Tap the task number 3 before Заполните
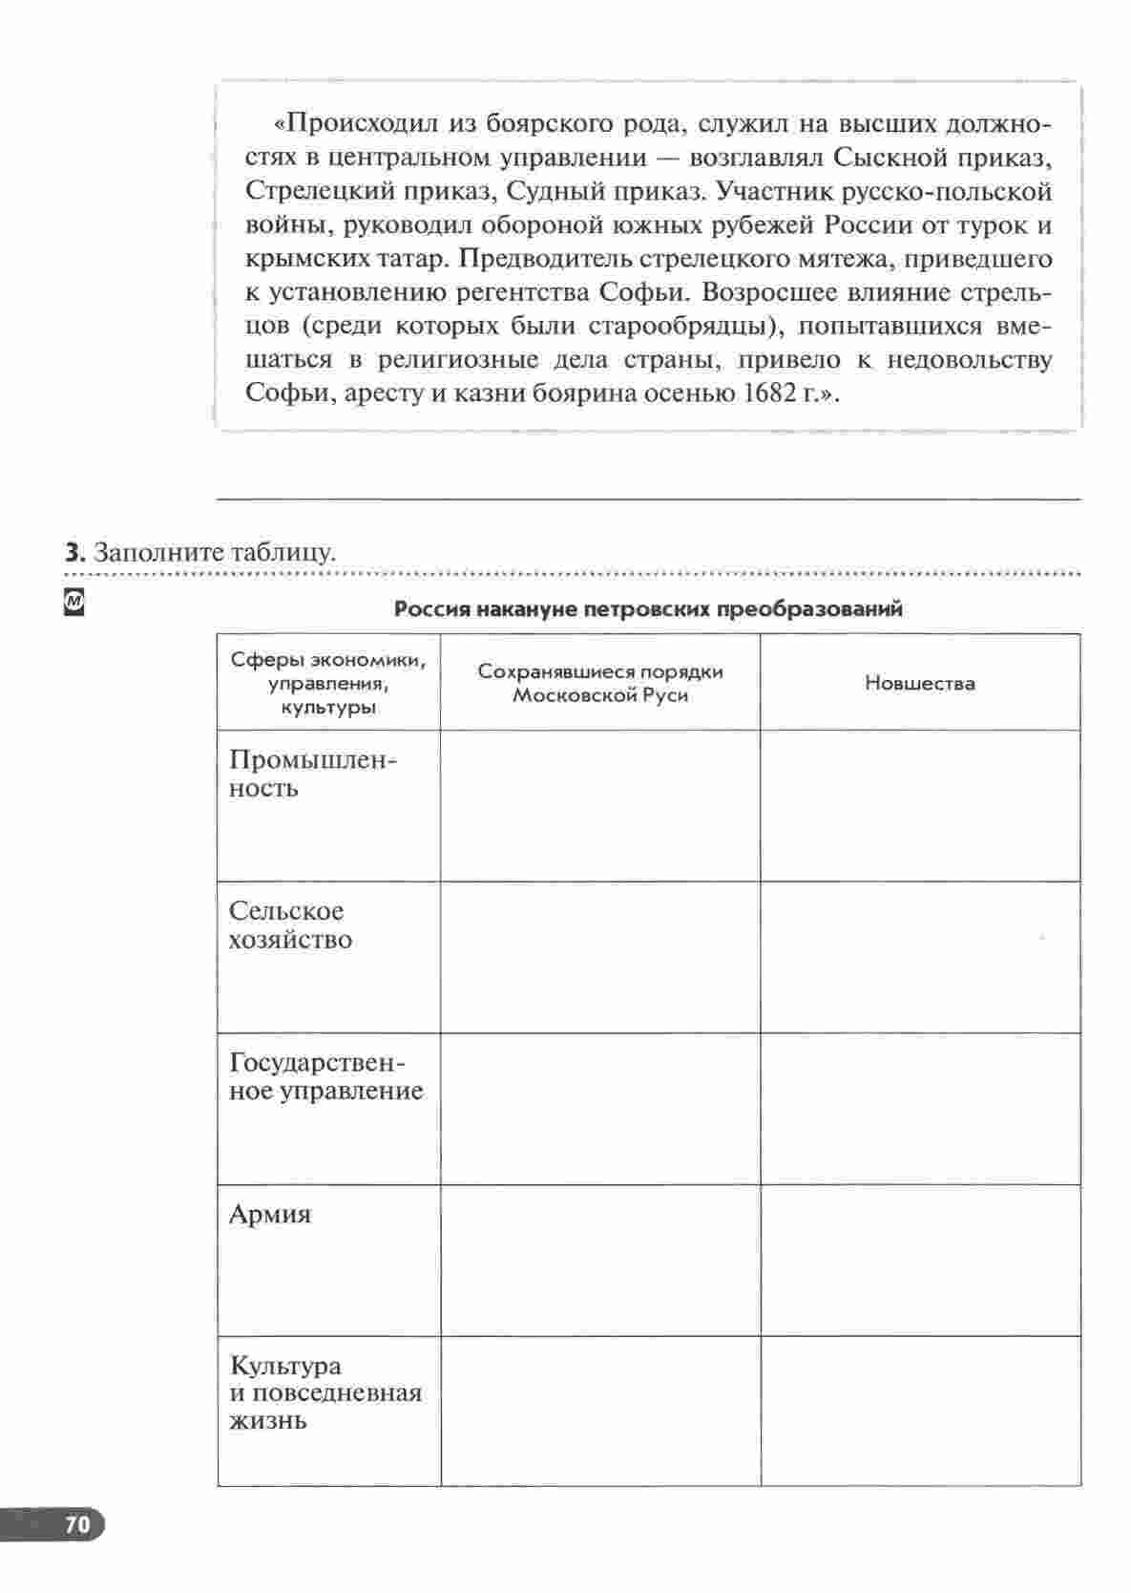(x=72, y=552)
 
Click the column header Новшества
(x=920, y=683)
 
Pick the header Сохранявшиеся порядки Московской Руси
(x=600, y=683)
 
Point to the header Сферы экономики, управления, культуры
(x=328, y=684)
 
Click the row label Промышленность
(x=312, y=774)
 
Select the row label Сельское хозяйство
(x=290, y=925)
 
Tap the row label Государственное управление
(x=325, y=1077)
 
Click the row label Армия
(x=270, y=1215)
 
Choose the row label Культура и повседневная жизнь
(x=325, y=1392)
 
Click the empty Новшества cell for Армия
(x=920, y=1260)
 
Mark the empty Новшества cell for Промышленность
(x=920, y=805)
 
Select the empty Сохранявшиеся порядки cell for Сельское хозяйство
(x=600, y=957)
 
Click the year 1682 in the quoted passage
(x=764, y=393)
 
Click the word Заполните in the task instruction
(x=153, y=552)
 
